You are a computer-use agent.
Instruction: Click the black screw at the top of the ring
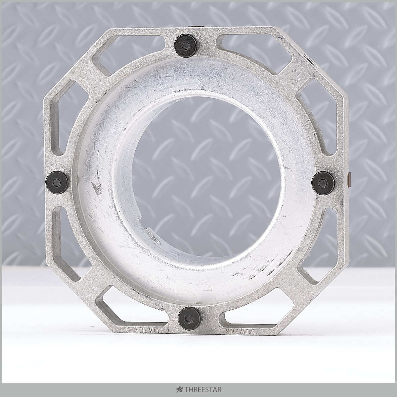tap(185, 46)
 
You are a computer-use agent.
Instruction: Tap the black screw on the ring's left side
tap(57, 182)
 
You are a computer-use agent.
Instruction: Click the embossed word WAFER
tap(148, 336)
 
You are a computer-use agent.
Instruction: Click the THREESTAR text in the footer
tap(203, 389)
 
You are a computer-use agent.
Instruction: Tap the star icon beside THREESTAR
tap(179, 389)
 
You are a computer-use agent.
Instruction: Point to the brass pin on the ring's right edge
tap(349, 180)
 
